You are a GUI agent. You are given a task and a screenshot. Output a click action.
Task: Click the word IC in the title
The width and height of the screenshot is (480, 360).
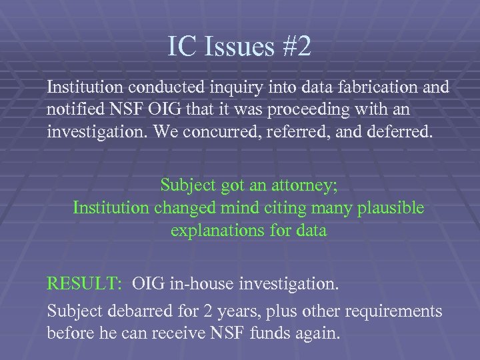tap(179, 47)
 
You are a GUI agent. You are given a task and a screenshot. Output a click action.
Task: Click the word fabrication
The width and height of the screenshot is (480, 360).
tap(377, 87)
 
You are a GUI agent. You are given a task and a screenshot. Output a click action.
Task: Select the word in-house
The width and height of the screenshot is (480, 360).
tap(205, 285)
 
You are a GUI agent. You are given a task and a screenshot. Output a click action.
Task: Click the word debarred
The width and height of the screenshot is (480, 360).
tap(134, 311)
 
